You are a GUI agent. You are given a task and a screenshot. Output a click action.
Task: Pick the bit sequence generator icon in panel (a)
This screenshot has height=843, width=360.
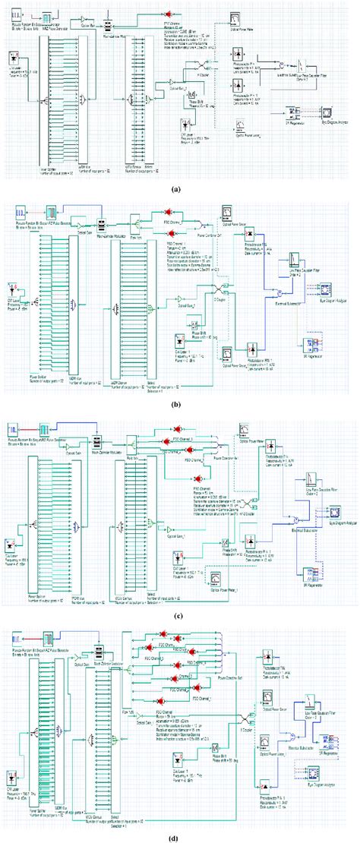(21, 14)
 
